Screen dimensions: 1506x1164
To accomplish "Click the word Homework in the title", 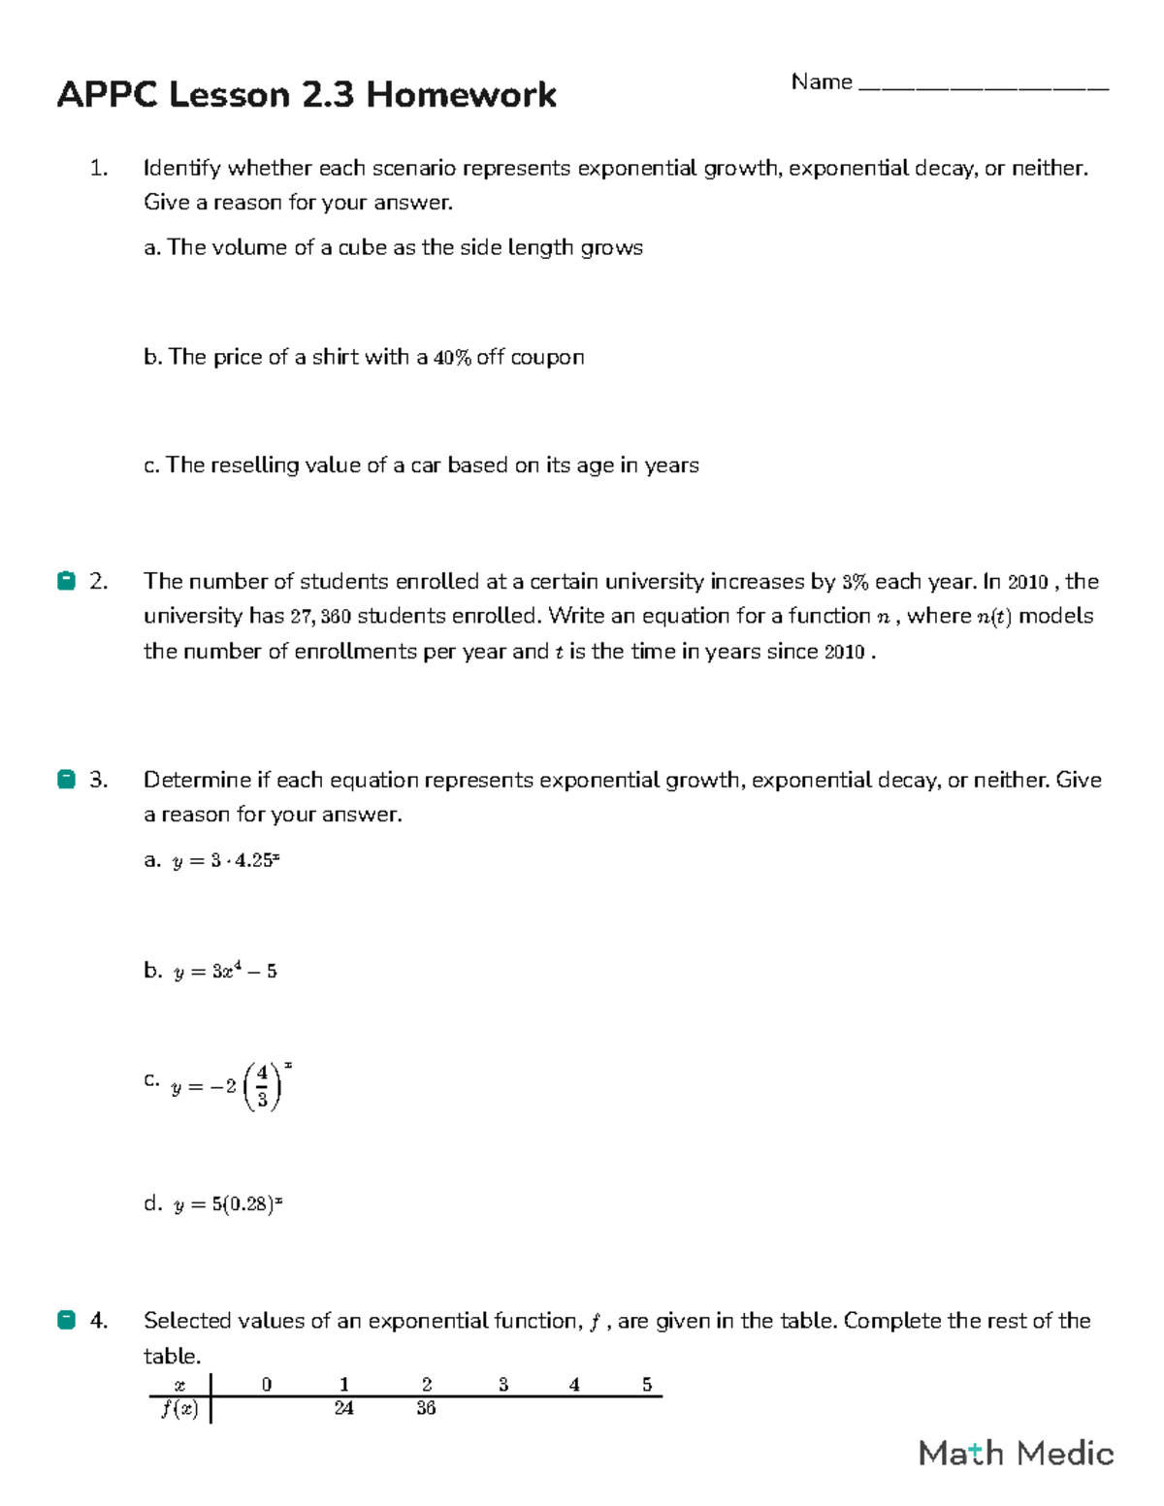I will [461, 95].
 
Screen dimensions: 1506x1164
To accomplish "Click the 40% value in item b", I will [452, 358].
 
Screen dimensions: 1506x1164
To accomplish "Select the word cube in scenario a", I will [362, 247].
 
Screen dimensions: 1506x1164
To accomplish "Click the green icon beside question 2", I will [66, 582].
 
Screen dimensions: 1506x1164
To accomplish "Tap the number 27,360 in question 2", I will [321, 617].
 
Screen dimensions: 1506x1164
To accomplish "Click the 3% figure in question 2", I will [855, 582].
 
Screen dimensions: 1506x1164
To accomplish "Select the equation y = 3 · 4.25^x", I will [226, 861].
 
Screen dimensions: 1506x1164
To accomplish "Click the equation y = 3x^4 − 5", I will [225, 972].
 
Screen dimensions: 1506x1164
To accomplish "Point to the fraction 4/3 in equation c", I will [262, 1086].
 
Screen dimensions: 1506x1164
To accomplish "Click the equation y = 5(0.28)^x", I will [228, 1205].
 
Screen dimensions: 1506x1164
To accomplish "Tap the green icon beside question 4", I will [66, 1321].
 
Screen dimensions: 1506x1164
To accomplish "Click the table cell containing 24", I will [343, 1409].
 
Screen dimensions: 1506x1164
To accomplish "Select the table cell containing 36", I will [426, 1409].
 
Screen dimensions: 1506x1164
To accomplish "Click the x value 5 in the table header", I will [647, 1385].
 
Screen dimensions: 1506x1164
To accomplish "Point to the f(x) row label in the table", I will [179, 1409].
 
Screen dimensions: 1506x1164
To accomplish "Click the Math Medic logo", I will [1016, 1453].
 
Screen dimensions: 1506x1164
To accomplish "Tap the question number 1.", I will [98, 169].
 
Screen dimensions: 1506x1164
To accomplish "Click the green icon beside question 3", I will [66, 780].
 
